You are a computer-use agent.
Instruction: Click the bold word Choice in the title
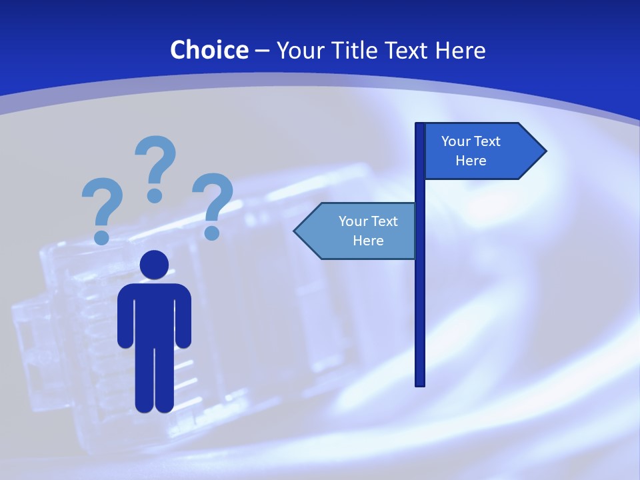(x=209, y=50)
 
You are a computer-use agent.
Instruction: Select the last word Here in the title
(x=460, y=50)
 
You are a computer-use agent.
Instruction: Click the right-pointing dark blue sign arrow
(x=480, y=151)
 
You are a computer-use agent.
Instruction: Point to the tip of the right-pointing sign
(x=545, y=151)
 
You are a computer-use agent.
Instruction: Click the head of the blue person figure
(x=154, y=265)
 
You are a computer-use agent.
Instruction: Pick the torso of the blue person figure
(x=154, y=313)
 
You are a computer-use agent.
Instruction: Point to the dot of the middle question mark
(x=155, y=195)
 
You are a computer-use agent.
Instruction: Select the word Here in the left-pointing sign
(x=368, y=241)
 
